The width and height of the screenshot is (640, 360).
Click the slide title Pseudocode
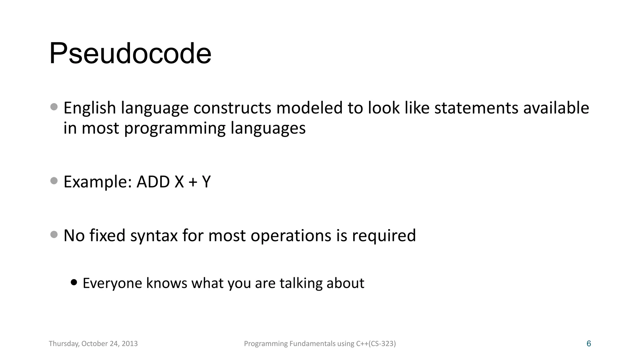tap(130, 53)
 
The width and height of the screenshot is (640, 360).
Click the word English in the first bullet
tap(90, 108)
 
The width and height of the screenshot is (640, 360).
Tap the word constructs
tap(232, 108)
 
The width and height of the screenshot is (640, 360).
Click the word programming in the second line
tap(175, 129)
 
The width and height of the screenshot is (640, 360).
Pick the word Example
tap(97, 182)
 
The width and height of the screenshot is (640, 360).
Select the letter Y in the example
tap(206, 182)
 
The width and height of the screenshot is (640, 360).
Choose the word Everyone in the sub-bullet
tap(112, 283)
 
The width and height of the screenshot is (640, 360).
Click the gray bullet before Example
tap(54, 181)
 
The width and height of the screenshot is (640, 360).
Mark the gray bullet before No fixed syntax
tap(54, 234)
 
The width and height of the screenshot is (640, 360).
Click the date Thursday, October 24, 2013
tap(93, 344)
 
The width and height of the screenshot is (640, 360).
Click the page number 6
tap(589, 344)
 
